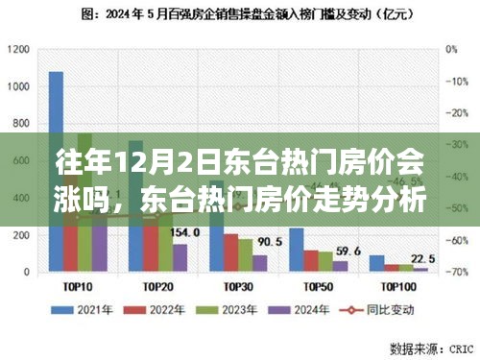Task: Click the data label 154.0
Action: (183, 232)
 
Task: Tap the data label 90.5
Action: (270, 241)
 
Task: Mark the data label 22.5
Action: (421, 258)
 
